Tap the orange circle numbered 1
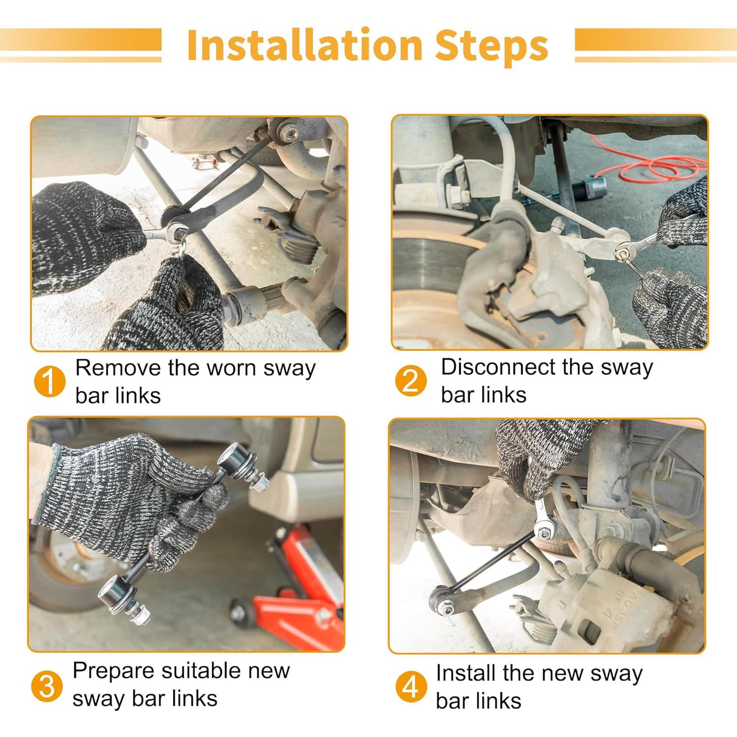(50, 382)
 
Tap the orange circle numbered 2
(410, 380)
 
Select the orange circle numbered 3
(47, 686)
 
